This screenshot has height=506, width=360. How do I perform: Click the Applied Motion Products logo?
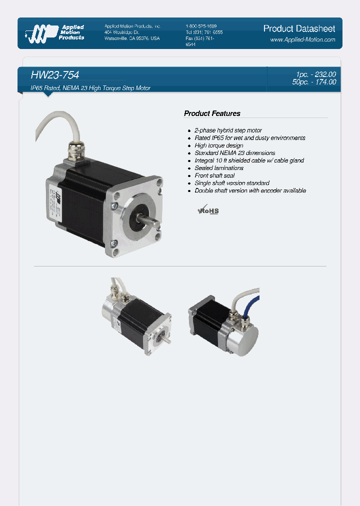tap(55, 32)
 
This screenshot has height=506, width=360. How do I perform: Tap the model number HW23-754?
tap(55, 75)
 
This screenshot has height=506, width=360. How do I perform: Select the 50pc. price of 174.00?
tap(314, 82)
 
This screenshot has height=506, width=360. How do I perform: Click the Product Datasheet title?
tap(299, 28)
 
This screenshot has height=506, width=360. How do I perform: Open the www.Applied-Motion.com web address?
tap(302, 39)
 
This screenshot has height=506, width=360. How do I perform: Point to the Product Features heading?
tap(212, 113)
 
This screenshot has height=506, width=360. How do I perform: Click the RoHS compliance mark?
tap(209, 210)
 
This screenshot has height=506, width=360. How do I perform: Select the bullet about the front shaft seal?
tap(214, 175)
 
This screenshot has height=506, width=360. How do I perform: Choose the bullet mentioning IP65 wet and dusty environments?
tap(249, 138)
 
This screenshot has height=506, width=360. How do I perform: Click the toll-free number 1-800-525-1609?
tap(201, 26)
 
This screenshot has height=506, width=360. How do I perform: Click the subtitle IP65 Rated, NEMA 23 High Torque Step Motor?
tap(90, 88)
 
